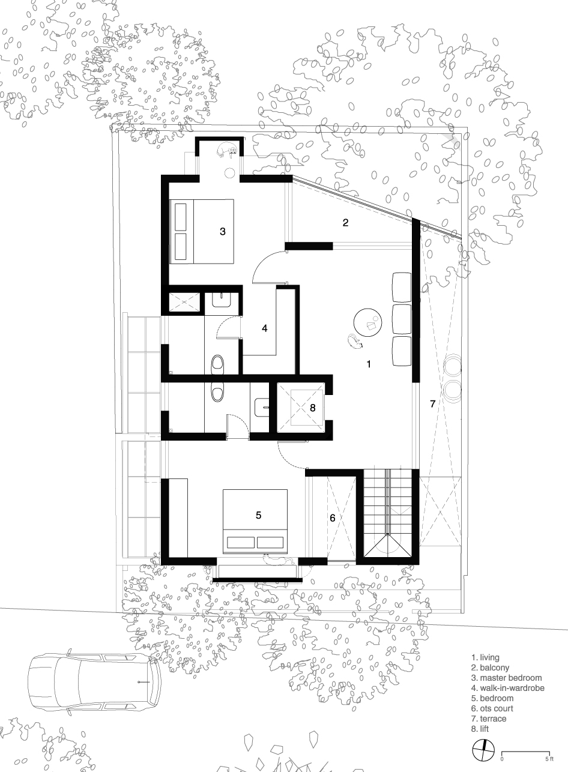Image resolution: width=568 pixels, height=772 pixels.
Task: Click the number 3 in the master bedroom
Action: click(223, 231)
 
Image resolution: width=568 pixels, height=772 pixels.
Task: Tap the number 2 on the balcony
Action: click(345, 223)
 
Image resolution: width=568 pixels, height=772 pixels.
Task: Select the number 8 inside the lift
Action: click(313, 408)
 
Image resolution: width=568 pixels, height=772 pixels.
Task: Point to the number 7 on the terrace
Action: click(432, 403)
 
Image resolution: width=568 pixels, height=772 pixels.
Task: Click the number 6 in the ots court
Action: click(332, 517)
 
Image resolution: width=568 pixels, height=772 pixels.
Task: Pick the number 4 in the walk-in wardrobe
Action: click(264, 328)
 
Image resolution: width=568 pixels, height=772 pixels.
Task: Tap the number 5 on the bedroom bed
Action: click(259, 515)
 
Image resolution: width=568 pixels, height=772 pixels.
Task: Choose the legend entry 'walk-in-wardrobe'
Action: click(508, 688)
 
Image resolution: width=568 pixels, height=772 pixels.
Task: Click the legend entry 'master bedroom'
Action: click(506, 678)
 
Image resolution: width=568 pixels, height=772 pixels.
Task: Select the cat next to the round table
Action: click(355, 342)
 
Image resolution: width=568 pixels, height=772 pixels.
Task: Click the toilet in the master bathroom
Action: click(217, 364)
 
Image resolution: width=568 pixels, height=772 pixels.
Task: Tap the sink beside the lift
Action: click(262, 406)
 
